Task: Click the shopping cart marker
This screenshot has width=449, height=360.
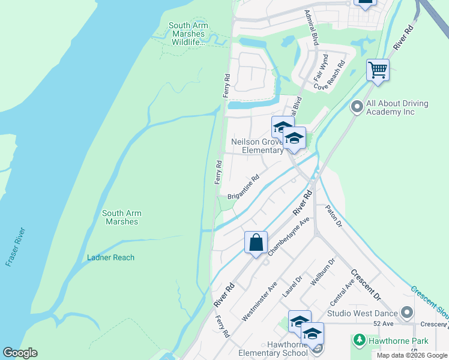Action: (x=378, y=70)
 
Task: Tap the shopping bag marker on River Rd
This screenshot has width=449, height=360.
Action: (x=256, y=243)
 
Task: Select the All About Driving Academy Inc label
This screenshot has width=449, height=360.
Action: (x=397, y=107)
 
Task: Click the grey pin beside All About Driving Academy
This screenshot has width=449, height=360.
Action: (x=357, y=107)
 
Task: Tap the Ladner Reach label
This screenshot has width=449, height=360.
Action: (x=110, y=257)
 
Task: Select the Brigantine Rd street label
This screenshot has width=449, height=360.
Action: (x=243, y=187)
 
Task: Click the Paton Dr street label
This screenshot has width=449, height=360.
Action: (x=333, y=217)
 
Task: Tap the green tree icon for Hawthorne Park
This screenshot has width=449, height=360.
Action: (x=359, y=341)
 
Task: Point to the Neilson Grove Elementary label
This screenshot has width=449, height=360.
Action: (x=257, y=146)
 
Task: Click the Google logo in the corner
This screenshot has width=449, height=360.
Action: (x=20, y=353)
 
